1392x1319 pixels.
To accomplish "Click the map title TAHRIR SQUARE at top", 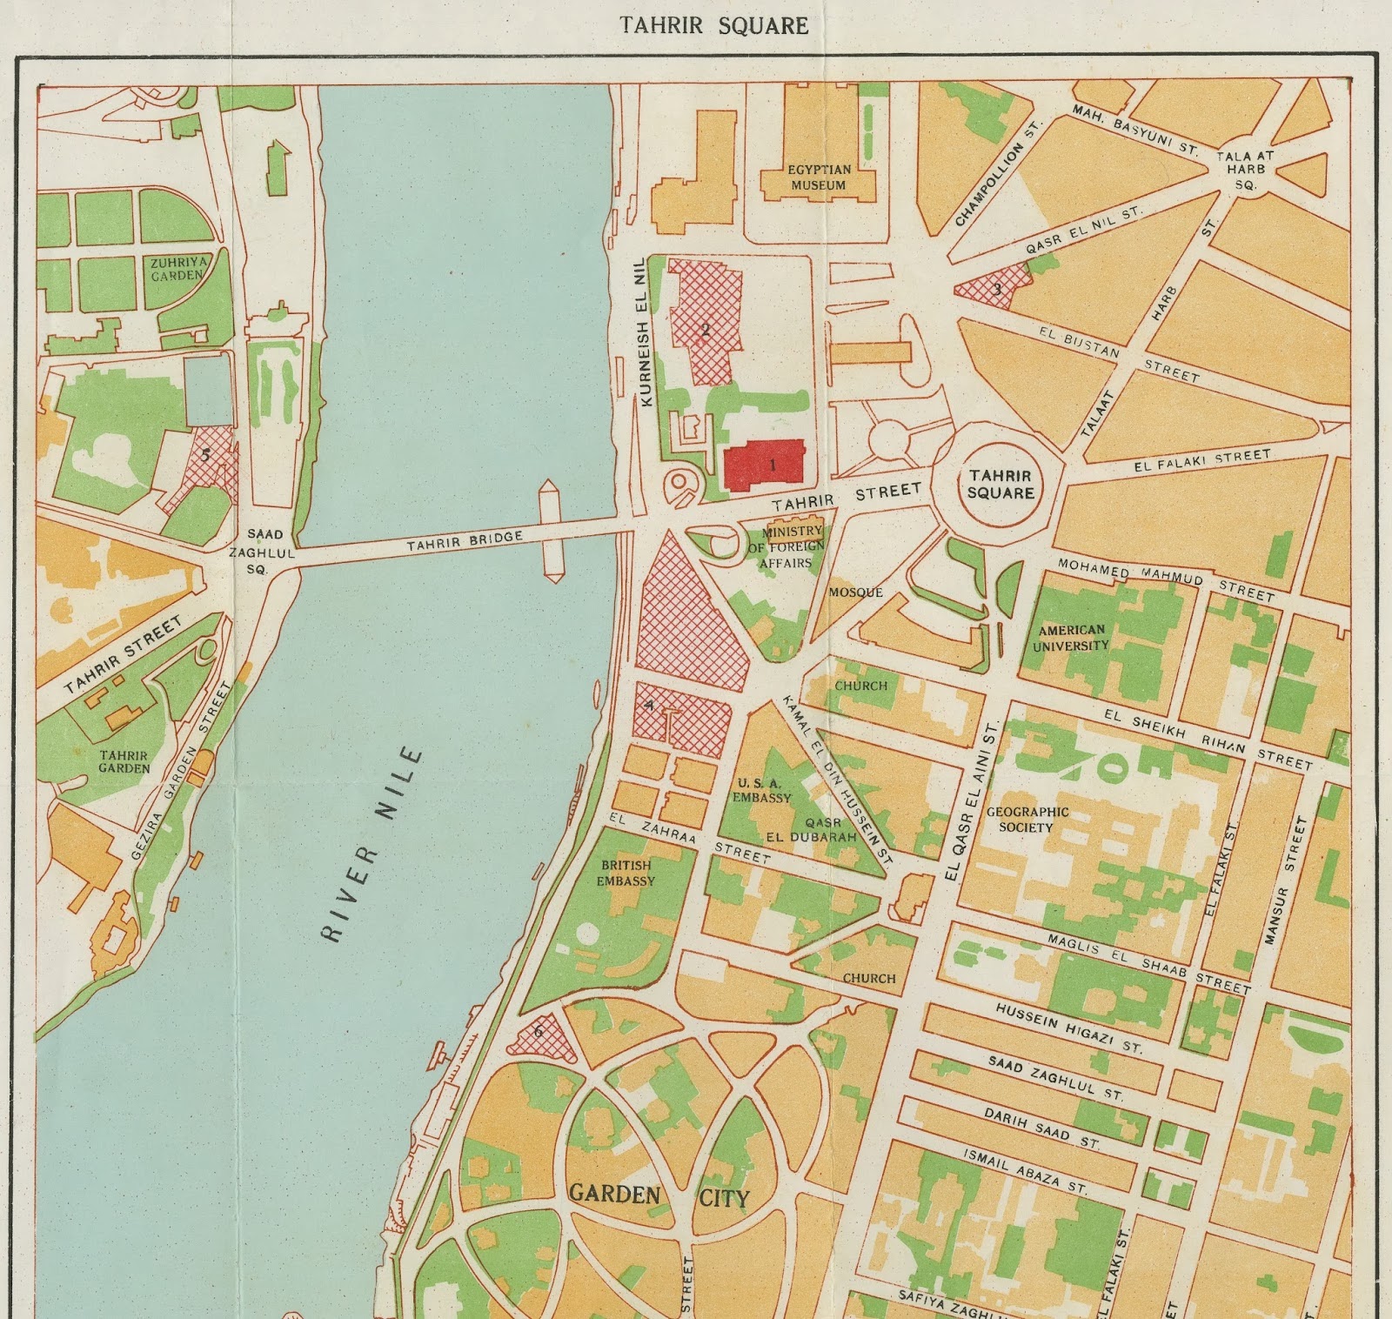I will click(x=713, y=25).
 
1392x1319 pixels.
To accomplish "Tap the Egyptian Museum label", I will click(x=818, y=177).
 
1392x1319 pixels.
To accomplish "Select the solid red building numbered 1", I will click(x=764, y=461).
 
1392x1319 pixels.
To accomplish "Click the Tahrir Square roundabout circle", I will click(x=1000, y=484).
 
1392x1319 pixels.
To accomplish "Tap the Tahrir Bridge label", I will click(x=465, y=542).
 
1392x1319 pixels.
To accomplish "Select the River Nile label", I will click(x=371, y=844).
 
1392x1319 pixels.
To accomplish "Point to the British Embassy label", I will click(x=626, y=873).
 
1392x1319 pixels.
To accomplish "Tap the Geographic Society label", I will click(x=1027, y=819).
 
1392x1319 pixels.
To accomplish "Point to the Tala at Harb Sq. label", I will click(x=1244, y=169).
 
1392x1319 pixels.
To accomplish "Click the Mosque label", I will click(x=855, y=593).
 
